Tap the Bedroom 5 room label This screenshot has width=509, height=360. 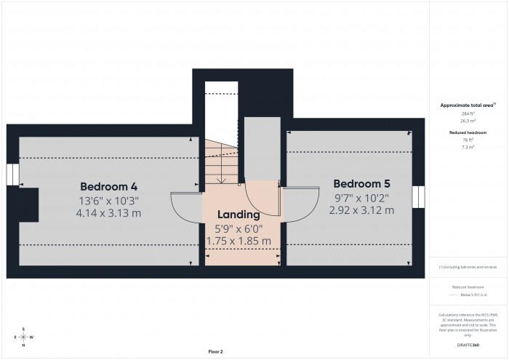[x=362, y=183]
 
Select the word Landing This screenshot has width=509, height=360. [x=238, y=215]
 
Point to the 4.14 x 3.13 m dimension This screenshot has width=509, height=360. [x=108, y=213]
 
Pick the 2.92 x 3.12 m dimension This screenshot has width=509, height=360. [x=362, y=210]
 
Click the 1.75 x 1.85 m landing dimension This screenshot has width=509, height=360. [x=239, y=241]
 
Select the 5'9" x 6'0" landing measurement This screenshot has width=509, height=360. [x=239, y=228]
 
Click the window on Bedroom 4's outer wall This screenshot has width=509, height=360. [x=12, y=175]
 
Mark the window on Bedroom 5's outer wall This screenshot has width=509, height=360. [x=418, y=197]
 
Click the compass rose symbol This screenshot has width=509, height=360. [x=24, y=337]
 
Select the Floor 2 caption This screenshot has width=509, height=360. [x=215, y=351]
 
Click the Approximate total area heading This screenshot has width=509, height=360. [x=468, y=105]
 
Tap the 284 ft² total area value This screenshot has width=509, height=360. [x=468, y=114]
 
